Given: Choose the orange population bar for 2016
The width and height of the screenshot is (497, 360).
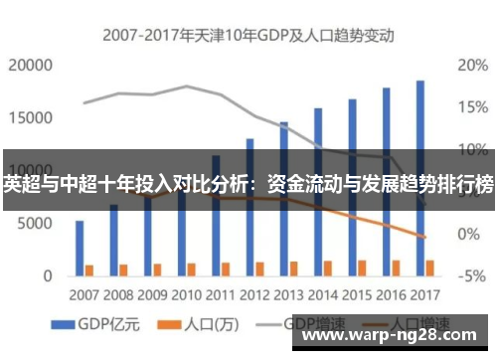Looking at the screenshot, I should pos(396,267).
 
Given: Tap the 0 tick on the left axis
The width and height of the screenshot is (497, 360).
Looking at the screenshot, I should pos(47,274).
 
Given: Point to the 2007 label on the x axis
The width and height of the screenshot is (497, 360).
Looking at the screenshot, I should pos(84,295).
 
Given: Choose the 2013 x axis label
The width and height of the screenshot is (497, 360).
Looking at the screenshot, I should pos(289,295).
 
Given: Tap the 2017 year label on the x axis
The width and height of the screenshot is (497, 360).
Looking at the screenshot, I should pos(424,295).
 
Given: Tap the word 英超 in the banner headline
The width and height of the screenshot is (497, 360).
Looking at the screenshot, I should pos(20,183).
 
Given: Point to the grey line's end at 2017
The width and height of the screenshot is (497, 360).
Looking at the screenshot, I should pos(424,203).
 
